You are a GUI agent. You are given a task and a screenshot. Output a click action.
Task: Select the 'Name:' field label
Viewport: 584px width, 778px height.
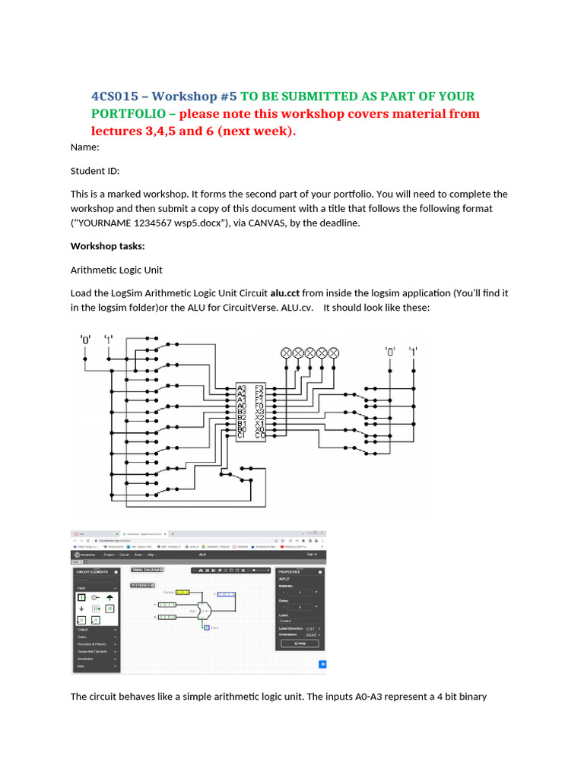pos(84,148)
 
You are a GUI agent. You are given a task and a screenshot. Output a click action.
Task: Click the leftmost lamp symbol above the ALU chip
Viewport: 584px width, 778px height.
pos(287,353)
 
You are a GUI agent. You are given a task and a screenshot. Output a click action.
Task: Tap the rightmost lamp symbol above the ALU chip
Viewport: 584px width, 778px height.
pos(333,353)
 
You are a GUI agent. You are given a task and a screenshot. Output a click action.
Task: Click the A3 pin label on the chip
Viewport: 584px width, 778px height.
pos(242,387)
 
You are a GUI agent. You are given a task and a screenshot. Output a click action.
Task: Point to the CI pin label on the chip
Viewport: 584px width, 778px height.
pos(242,436)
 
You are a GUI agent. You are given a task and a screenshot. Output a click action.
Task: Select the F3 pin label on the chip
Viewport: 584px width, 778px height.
pos(260,387)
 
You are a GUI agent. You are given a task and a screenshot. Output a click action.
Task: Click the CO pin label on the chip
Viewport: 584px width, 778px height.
pos(260,436)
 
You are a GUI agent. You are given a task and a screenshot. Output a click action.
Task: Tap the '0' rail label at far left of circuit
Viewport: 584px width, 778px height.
pos(86,340)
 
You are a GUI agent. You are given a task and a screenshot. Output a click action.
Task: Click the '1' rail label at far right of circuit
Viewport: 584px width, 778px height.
pos(413,351)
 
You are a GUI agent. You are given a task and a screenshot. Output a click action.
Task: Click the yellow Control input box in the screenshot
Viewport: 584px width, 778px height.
pos(182,591)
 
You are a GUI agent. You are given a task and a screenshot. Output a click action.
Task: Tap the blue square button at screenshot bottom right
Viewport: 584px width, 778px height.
pos(322,664)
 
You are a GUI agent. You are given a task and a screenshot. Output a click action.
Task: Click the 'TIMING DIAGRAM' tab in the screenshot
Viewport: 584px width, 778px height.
pos(148,568)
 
